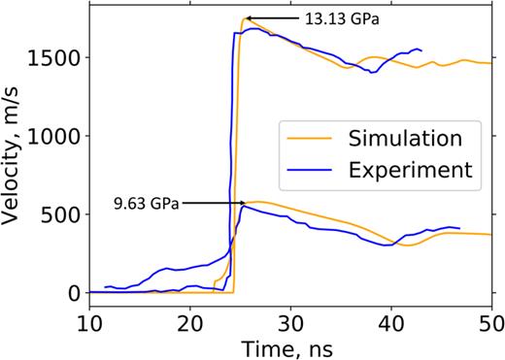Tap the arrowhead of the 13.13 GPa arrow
click(246, 17)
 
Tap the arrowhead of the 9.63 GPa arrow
click(245, 204)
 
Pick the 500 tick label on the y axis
click(60, 214)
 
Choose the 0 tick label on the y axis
click(74, 293)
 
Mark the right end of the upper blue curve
click(421, 49)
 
